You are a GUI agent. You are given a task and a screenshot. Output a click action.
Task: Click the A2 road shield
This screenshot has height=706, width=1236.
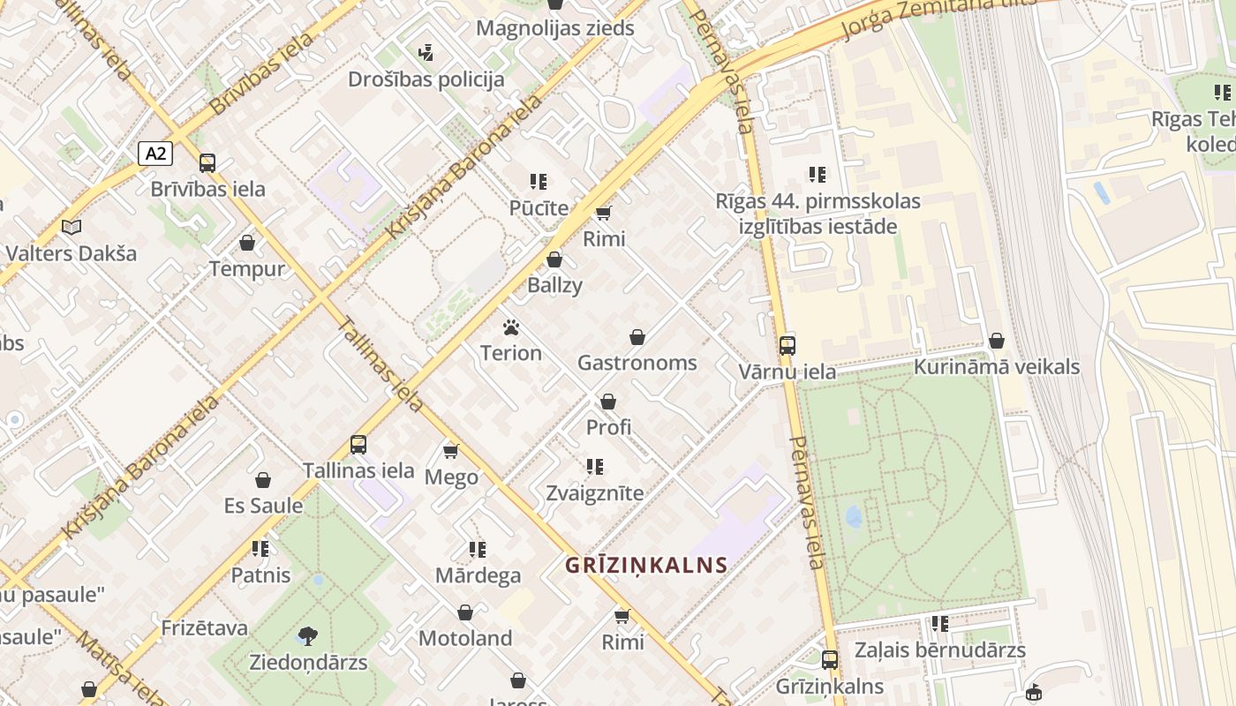[x=155, y=154]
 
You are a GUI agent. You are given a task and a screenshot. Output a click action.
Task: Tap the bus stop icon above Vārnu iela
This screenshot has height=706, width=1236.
[x=787, y=345]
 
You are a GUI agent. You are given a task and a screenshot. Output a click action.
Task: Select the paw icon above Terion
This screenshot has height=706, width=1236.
[x=510, y=327]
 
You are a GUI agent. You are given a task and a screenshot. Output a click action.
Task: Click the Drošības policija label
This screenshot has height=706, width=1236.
[x=426, y=79]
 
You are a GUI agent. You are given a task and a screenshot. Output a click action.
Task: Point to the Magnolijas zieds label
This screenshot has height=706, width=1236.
[x=555, y=28]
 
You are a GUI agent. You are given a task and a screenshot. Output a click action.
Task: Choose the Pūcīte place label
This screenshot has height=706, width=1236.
[x=539, y=208]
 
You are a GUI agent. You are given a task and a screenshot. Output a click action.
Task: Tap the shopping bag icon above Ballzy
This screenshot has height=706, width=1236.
[x=554, y=259]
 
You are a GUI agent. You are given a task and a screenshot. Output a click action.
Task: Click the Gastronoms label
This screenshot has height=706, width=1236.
[x=637, y=363]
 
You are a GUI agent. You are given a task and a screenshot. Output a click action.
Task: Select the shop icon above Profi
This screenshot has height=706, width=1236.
[x=608, y=402]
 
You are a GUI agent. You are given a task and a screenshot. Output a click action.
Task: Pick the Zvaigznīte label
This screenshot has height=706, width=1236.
[x=595, y=492]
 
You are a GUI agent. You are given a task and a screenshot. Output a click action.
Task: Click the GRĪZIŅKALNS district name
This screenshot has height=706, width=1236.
[x=647, y=566]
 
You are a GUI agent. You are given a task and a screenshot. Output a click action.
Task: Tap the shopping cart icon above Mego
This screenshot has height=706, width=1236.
[x=451, y=452]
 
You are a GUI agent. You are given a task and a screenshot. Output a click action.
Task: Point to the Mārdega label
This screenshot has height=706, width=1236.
[x=478, y=576]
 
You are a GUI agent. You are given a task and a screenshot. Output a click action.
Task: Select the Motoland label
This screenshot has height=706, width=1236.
[x=465, y=638]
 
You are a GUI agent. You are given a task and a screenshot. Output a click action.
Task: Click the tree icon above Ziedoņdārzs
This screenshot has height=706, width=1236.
[x=308, y=635]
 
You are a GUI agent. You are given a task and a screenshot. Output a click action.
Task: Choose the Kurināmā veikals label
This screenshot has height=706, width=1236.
[x=997, y=367]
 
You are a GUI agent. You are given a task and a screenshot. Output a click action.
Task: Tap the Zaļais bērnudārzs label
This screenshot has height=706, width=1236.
[x=940, y=651]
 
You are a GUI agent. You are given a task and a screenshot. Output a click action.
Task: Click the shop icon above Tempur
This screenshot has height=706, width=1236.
[x=247, y=243]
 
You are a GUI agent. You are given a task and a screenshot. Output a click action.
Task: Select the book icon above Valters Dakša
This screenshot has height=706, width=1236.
[x=72, y=227]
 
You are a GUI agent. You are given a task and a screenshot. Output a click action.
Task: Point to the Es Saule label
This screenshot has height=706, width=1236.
[x=263, y=506]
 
